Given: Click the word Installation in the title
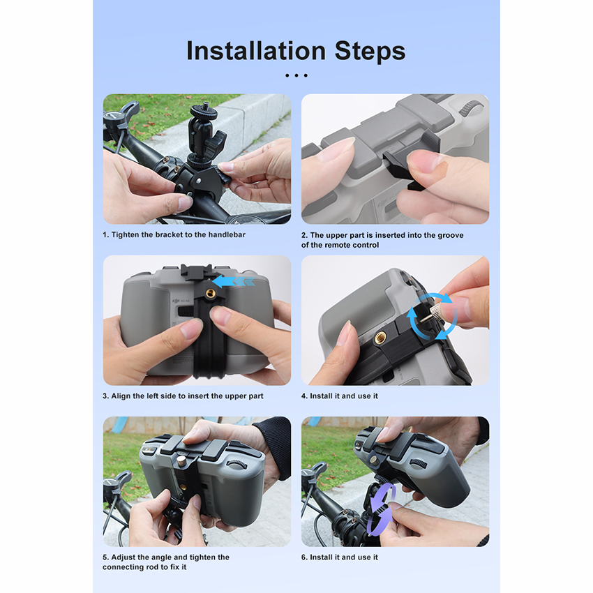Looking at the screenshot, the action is tap(256, 51).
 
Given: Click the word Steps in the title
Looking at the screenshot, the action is tap(370, 52).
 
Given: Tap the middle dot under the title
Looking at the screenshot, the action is tap(296, 75).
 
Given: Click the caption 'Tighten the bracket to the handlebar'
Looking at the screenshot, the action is tap(178, 234).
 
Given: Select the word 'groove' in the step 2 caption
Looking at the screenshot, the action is tap(451, 235).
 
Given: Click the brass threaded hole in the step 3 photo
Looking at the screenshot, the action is tap(209, 293).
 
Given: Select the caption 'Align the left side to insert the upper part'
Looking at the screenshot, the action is tap(187, 396).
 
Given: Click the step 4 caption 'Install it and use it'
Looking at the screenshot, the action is tap(344, 396).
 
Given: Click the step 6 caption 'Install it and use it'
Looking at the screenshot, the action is tap(344, 557).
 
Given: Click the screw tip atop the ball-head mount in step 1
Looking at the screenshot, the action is tap(205, 104).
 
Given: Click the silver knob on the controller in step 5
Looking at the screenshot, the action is tap(182, 460).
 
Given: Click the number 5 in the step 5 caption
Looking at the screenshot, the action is tap(105, 557).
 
